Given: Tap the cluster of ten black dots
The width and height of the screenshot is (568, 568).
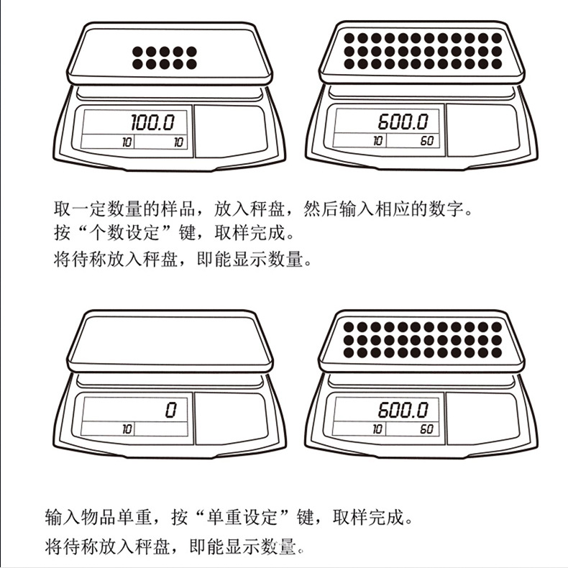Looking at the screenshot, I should (165, 58).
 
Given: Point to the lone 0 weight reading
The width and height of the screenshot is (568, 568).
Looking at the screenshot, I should (170, 410).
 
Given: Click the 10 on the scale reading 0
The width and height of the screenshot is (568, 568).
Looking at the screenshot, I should (127, 429).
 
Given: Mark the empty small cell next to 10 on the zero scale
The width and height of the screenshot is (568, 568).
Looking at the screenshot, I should (162, 429).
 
